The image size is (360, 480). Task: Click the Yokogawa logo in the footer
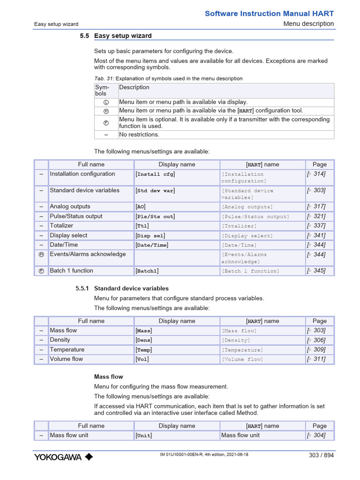(x=63, y=457)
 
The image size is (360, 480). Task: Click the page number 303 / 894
(x=321, y=455)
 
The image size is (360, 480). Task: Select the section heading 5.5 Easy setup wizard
(x=116, y=36)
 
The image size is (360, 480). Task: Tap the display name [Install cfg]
(x=155, y=174)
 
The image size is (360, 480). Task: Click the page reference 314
(x=316, y=174)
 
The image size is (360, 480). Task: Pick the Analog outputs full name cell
(x=70, y=206)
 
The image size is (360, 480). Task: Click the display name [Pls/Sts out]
(x=155, y=217)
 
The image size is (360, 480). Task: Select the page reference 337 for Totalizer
(x=316, y=225)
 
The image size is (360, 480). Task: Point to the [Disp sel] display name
(x=150, y=236)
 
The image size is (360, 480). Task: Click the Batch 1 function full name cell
(x=71, y=270)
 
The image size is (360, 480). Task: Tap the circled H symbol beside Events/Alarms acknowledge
(x=41, y=255)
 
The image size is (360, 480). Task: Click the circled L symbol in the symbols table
(x=106, y=102)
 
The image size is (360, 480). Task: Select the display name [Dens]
(x=144, y=340)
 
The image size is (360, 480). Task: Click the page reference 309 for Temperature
(x=316, y=350)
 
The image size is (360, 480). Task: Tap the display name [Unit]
(x=144, y=435)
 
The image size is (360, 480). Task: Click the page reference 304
(x=316, y=435)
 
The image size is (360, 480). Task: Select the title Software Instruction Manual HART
(x=269, y=14)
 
